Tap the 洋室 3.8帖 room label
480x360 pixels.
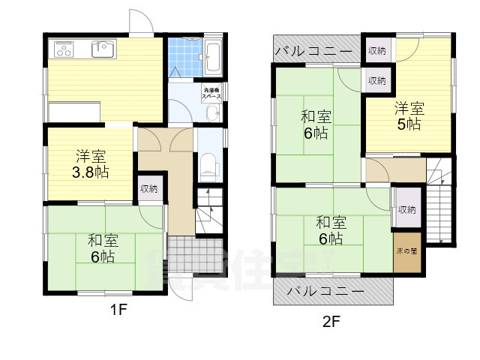point(91,164)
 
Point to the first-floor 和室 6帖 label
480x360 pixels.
point(103,248)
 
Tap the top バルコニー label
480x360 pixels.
point(314,52)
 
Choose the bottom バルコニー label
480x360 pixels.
point(325,290)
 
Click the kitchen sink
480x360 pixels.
point(102,49)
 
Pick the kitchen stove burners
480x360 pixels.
point(63,50)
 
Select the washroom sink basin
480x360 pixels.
point(211,113)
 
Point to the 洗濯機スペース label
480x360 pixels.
point(211,93)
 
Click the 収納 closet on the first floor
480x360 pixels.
point(148,189)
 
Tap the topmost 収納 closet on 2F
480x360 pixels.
point(376,51)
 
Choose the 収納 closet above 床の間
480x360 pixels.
point(406,211)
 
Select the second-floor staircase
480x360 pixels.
point(439,202)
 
